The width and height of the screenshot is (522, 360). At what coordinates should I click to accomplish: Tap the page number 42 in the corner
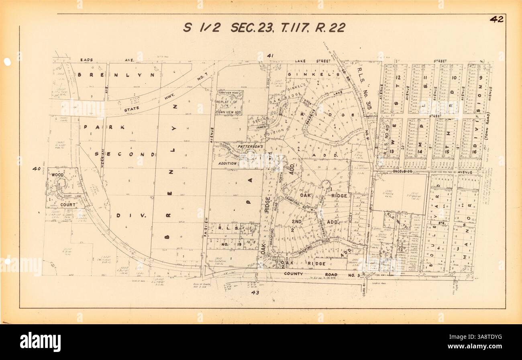point(496,19)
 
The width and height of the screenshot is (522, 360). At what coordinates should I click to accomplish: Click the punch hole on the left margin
point(7,62)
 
